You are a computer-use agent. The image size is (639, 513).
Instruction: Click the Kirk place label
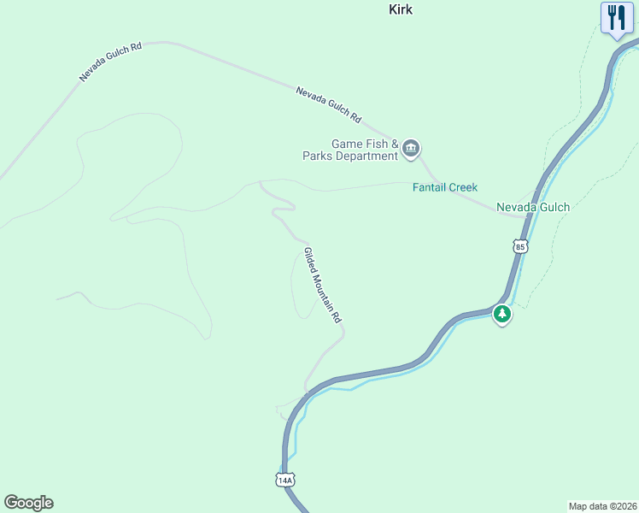[x=401, y=9]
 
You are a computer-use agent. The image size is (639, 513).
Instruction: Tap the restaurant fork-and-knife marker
[x=616, y=17]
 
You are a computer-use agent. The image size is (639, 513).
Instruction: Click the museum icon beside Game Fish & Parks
[x=411, y=150]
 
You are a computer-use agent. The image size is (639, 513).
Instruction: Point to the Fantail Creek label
[x=445, y=187]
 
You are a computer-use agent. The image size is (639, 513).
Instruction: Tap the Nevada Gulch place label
[x=533, y=207]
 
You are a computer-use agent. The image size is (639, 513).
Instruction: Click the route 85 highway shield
[x=521, y=246]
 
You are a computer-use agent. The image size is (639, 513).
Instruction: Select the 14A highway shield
[x=285, y=480]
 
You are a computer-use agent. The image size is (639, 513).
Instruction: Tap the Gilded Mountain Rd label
[x=323, y=285]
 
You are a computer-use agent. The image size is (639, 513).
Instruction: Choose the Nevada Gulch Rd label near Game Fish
[x=329, y=104]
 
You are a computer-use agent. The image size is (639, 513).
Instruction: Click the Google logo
[x=28, y=503]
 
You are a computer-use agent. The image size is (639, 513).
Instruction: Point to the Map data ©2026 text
[x=602, y=505]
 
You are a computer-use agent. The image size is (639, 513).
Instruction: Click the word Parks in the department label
[x=318, y=156]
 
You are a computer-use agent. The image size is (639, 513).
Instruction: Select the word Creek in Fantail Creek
[x=463, y=187]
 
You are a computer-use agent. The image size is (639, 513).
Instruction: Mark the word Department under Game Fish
[x=366, y=156]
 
